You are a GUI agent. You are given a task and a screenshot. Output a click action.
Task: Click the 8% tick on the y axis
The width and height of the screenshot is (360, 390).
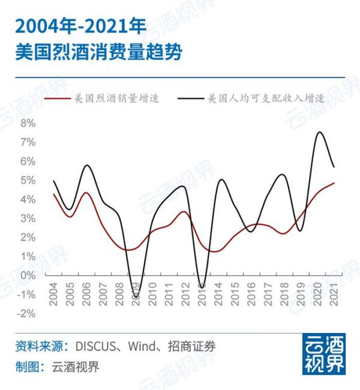28,123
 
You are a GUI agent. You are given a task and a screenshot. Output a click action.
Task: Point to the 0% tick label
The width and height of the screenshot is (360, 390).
28,275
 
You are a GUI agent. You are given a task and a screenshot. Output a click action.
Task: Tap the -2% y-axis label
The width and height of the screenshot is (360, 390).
26,313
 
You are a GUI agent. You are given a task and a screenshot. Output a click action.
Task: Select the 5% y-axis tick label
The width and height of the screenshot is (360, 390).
28,180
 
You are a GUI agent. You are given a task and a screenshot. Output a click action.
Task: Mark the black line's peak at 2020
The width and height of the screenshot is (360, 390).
319,132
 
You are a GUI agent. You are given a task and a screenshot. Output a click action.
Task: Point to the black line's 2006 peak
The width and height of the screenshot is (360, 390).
87,165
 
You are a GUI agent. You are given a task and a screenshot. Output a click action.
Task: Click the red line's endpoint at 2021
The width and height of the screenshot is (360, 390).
334,183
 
